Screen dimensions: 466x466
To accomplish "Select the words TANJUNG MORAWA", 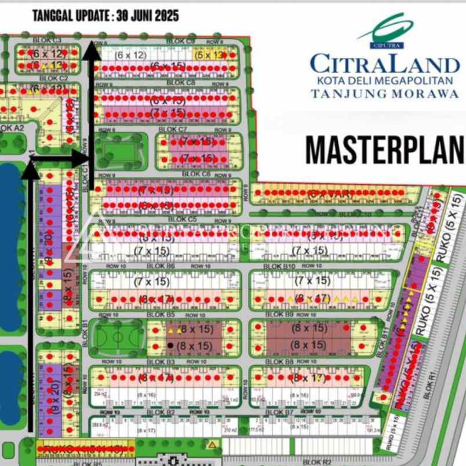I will coord(384,93).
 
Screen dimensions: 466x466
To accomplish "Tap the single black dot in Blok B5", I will coord(170,345).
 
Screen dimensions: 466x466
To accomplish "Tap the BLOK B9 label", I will coord(281,314).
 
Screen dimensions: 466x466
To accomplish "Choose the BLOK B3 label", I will coord(162,362).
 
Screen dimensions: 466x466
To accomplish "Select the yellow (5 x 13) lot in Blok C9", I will coord(209,55).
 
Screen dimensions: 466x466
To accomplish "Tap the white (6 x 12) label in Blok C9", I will coord(130,55).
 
